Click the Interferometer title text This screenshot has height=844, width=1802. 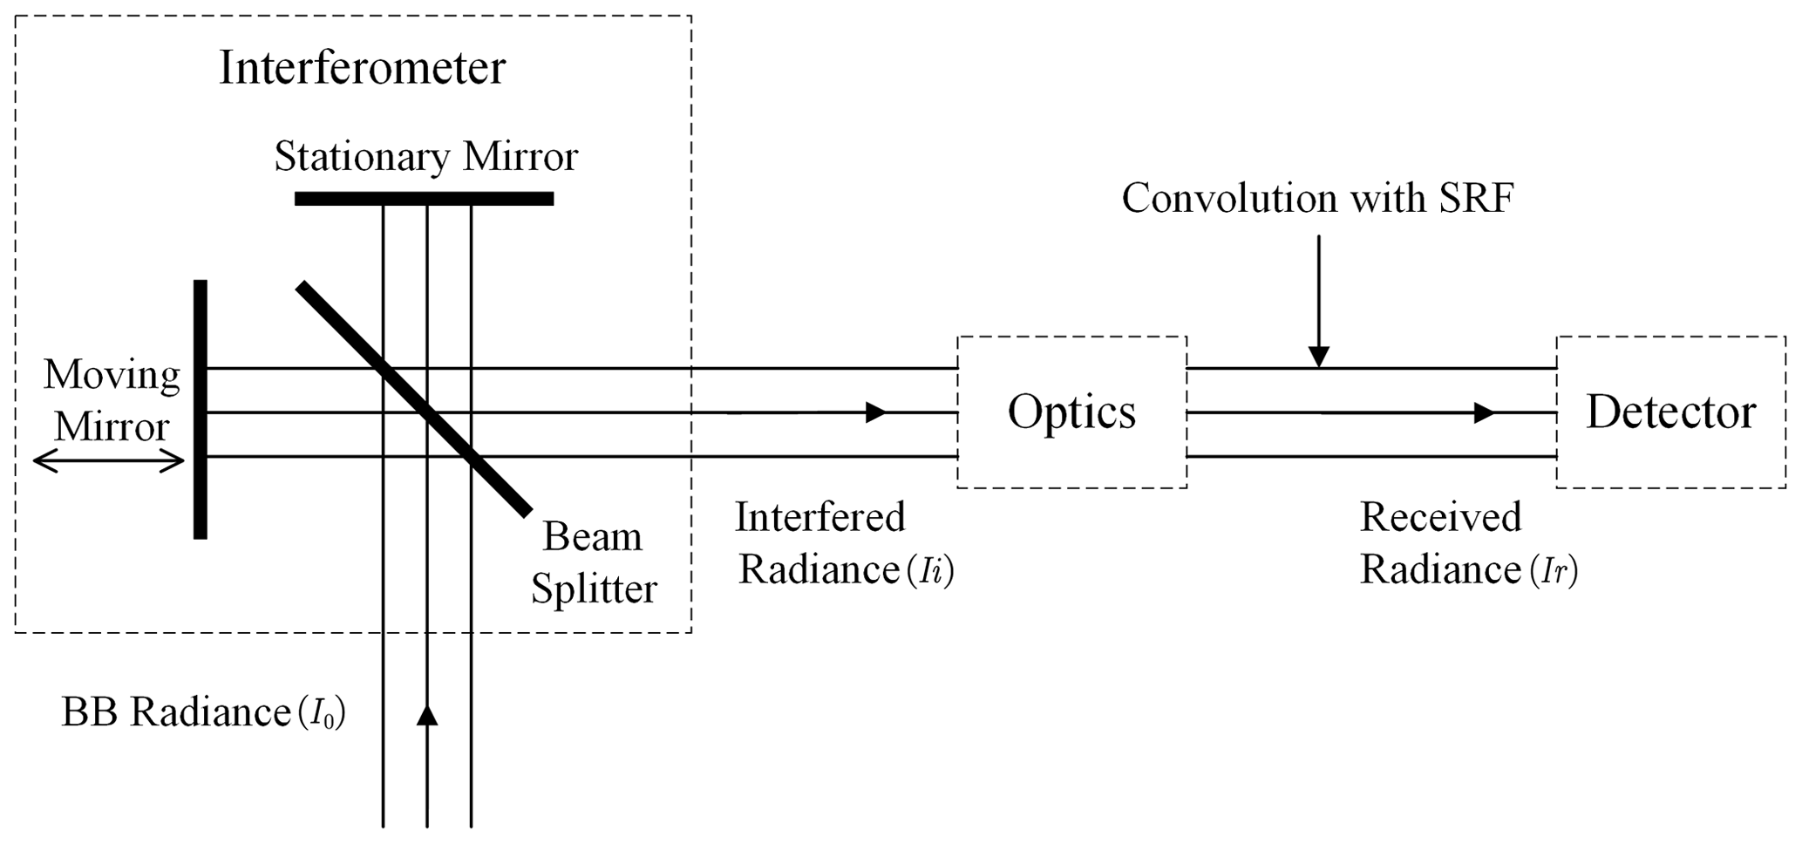click(x=362, y=68)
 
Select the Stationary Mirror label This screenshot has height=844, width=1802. click(x=425, y=157)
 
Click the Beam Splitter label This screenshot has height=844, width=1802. click(x=594, y=562)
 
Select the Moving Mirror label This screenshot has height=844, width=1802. click(x=112, y=400)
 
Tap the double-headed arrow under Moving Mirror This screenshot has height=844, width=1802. click(x=109, y=462)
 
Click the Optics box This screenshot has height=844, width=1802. click(x=1071, y=412)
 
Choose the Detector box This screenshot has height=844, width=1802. click(x=1670, y=412)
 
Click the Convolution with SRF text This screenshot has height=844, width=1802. click(x=1317, y=199)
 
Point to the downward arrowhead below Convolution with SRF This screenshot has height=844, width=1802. click(x=1319, y=356)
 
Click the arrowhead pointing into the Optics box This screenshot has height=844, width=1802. click(x=875, y=412)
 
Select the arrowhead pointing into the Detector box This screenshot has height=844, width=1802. click(x=1483, y=412)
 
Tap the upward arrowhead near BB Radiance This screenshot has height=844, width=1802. click(x=426, y=715)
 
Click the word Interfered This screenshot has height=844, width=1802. click(x=820, y=517)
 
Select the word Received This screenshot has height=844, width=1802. click(x=1440, y=517)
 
